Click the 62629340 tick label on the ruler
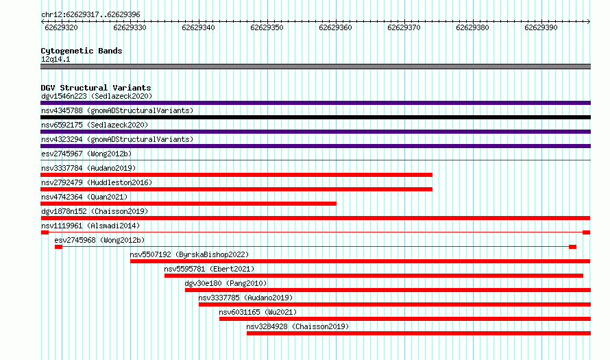coord(198,27)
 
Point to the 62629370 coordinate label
coord(404,27)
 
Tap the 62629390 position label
coord(541,27)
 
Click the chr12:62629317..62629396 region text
coord(90,15)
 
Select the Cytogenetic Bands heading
coord(82,51)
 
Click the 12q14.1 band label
coord(56,59)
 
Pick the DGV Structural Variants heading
coord(96,88)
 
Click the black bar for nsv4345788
coord(315,117)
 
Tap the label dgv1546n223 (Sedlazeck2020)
coord(97,96)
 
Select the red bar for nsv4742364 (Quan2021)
coord(188,204)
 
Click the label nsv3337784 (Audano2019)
coord(88,168)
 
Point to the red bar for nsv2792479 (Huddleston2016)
coord(236,189)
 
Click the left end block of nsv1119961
coord(45,232)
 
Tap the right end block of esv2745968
coord(572,247)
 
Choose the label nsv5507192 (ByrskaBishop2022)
coord(189,254)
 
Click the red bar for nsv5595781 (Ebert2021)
coord(374,276)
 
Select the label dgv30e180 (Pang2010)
coord(225,283)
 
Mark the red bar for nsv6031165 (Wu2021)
coord(405,319)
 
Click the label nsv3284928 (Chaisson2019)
coord(297,326)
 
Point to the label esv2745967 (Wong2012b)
coord(86,154)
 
